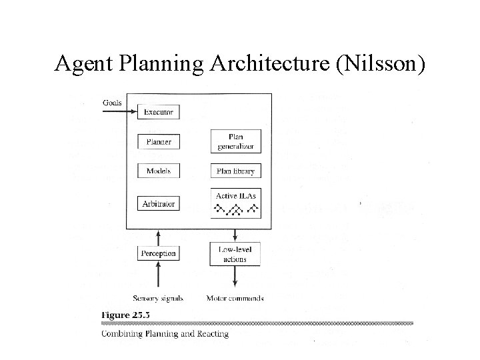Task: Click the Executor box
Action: click(x=159, y=112)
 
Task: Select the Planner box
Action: click(x=159, y=142)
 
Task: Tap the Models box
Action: click(x=159, y=171)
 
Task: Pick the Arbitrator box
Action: click(x=159, y=203)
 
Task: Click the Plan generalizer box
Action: click(x=235, y=141)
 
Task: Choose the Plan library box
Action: click(x=235, y=171)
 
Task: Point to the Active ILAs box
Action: click(x=235, y=203)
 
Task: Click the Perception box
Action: click(x=159, y=253)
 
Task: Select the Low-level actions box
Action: click(x=235, y=253)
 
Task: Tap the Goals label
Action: click(x=113, y=103)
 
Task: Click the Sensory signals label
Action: click(x=158, y=298)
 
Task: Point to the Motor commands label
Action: click(x=235, y=298)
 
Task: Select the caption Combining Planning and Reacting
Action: click(x=165, y=333)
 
